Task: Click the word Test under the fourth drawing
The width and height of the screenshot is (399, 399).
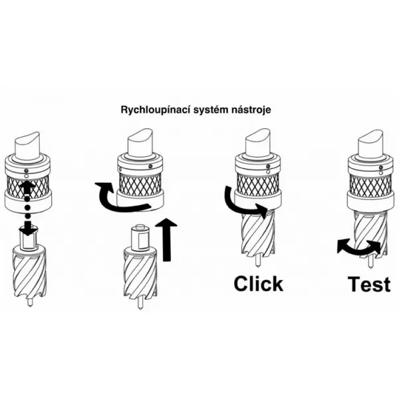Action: [370, 284]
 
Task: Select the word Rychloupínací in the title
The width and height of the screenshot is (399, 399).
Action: [150, 108]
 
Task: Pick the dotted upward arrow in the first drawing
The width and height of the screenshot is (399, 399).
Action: [27, 199]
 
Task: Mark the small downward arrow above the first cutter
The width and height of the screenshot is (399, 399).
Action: [27, 229]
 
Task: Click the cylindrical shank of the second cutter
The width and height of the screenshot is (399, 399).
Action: [140, 236]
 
